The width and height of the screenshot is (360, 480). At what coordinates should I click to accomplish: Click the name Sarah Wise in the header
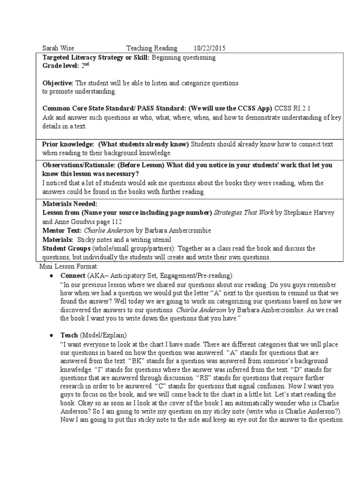tap(58, 48)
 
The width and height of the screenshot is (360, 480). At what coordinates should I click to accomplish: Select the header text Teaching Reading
tap(152, 48)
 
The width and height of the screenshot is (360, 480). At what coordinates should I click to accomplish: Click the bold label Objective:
tap(58, 83)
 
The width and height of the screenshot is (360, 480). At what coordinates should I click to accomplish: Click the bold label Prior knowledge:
tap(68, 144)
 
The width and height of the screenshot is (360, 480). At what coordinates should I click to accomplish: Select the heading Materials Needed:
tap(70, 204)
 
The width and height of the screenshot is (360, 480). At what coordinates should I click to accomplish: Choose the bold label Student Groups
tap(66, 248)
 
